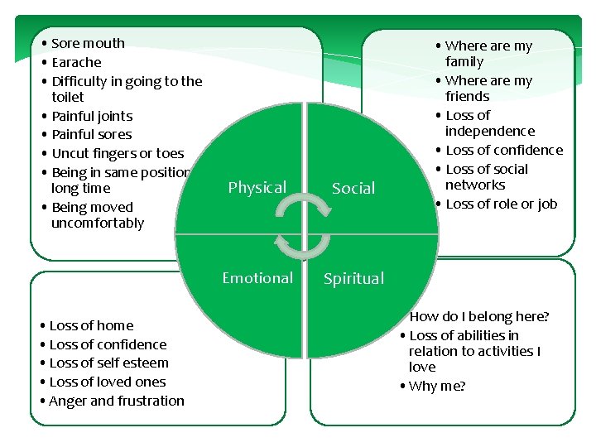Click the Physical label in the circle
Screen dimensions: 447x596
tap(257, 188)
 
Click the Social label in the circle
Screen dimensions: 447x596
tap(353, 189)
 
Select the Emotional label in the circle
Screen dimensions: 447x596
tap(257, 278)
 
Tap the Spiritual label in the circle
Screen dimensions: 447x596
tap(353, 279)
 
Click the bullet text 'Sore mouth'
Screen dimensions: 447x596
tap(88, 43)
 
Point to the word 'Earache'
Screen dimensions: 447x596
tap(76, 62)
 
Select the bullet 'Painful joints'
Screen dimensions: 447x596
tap(92, 116)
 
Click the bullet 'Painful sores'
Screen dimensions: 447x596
tap(92, 134)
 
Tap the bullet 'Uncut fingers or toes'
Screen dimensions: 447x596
tap(118, 153)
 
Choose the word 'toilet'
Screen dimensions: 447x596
tap(67, 97)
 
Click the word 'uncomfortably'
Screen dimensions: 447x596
tap(98, 223)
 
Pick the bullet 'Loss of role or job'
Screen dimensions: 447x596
tap(501, 204)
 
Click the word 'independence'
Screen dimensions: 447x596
tap(490, 131)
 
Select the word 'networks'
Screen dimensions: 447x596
tap(475, 185)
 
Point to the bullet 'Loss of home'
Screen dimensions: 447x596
tap(91, 325)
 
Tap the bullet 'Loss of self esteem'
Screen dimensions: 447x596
tap(108, 363)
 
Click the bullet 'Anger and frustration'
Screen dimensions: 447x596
tap(117, 401)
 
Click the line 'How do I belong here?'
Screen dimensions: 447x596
tap(480, 316)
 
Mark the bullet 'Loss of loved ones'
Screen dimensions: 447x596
tap(108, 382)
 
